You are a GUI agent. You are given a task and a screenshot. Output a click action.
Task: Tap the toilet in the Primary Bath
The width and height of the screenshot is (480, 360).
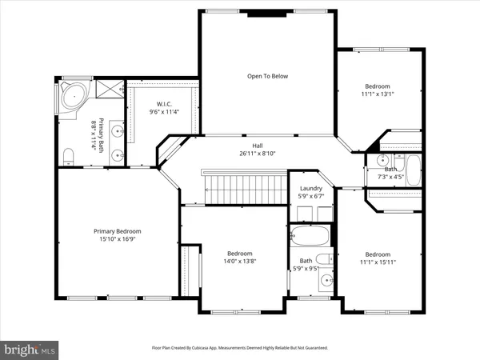click(68, 154)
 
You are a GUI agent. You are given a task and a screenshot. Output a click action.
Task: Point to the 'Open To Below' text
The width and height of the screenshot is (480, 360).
click(267, 76)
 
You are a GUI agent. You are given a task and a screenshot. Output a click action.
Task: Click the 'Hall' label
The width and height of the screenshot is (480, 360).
click(258, 145)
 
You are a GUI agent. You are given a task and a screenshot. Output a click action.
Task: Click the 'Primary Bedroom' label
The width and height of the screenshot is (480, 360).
click(117, 231)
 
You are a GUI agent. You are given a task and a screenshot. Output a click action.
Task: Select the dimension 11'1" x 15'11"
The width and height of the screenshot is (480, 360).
click(378, 262)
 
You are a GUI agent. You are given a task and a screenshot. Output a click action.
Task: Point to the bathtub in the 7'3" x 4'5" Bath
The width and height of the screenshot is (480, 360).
click(414, 168)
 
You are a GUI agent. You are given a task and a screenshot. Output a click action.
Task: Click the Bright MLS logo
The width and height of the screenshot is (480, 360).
click(30, 350)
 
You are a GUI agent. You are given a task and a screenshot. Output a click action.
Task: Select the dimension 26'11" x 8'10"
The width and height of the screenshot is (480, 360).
click(258, 154)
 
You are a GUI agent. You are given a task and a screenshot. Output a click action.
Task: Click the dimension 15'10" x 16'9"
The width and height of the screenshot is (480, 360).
click(117, 239)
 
